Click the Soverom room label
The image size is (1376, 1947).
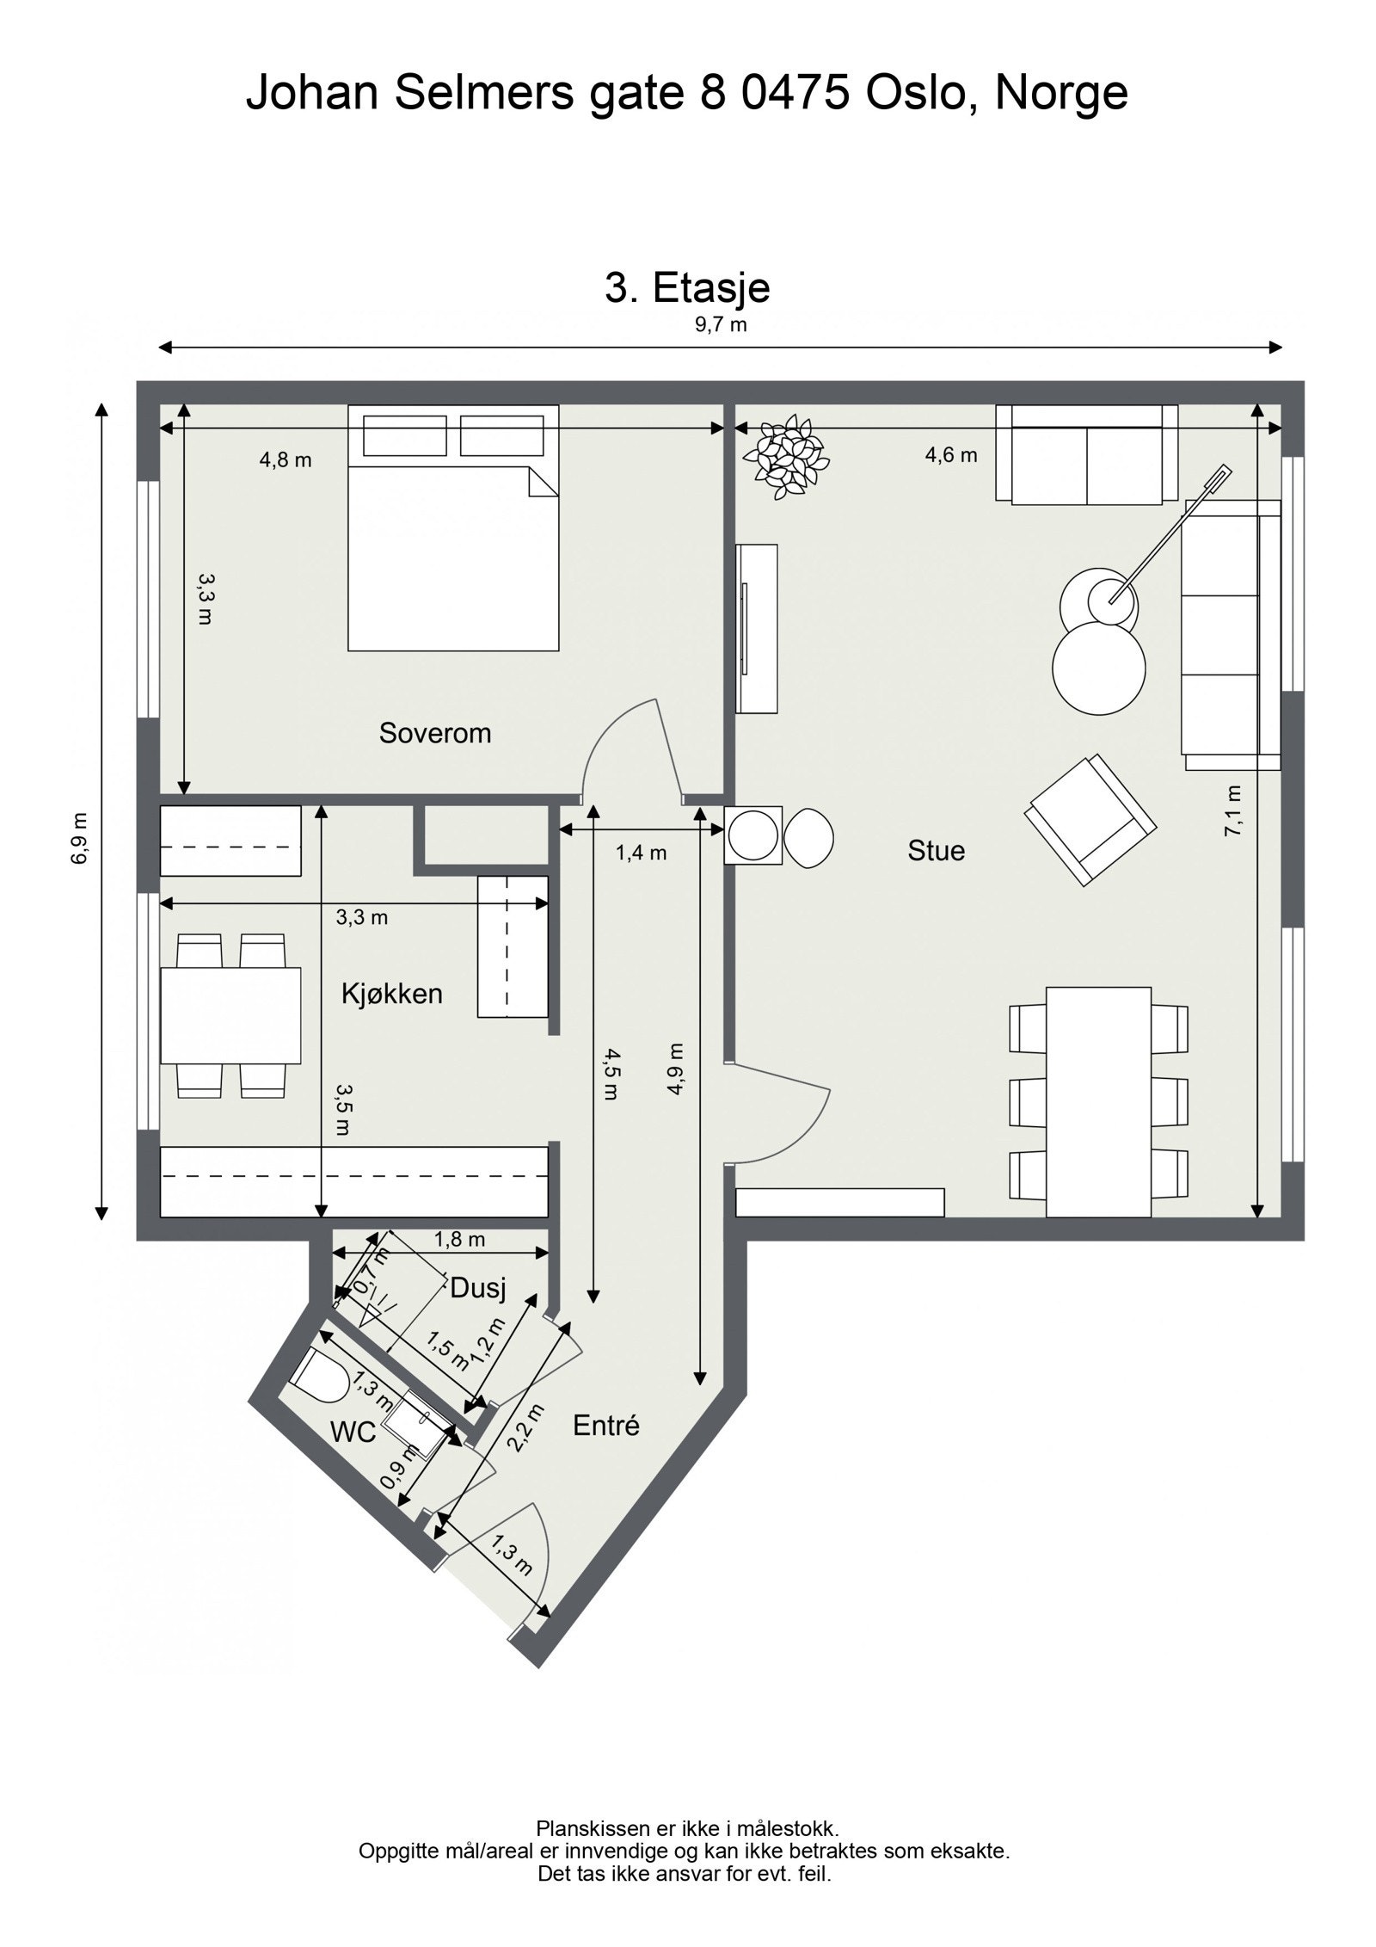pos(434,734)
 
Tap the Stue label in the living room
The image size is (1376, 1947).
pos(936,851)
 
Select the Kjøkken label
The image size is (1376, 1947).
pos(391,995)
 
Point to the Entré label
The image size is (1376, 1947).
pos(606,1426)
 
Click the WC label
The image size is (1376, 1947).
pos(353,1433)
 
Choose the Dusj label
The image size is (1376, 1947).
pos(478,1288)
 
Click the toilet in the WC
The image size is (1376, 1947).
pos(319,1380)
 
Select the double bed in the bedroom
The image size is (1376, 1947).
pos(453,527)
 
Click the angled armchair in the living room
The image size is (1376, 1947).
pos(1090,820)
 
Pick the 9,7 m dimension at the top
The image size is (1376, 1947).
pos(720,324)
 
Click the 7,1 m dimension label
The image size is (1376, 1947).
pos(1234,810)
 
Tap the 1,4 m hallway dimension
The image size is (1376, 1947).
pos(641,853)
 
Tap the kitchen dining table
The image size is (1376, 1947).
pos(231,1015)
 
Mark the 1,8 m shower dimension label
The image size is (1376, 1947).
pos(459,1239)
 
